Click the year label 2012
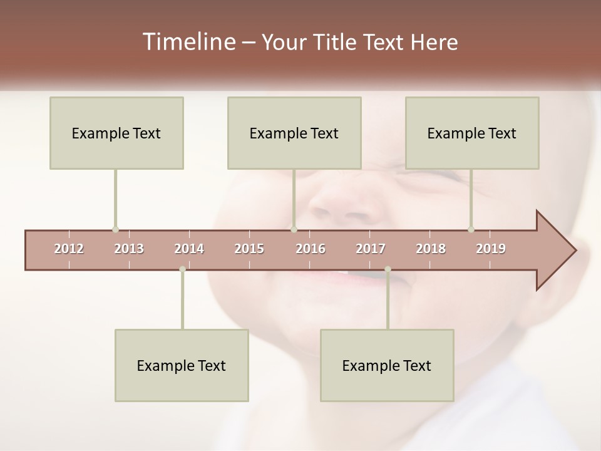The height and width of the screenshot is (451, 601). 69,249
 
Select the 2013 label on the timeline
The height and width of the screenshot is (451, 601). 129,249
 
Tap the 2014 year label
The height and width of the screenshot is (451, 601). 189,249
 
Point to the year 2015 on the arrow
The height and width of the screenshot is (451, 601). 249,249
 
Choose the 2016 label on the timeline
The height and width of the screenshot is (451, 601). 311,249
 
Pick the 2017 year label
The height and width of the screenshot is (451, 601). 371,249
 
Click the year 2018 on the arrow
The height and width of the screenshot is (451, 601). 431,249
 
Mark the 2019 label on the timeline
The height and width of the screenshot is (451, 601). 491,249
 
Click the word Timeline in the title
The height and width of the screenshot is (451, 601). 188,42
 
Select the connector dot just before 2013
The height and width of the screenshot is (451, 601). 115,229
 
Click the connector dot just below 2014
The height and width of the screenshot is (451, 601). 182,269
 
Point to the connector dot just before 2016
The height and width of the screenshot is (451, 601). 294,229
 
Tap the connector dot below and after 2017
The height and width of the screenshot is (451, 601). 388,269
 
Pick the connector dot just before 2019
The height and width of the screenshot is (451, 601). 471,229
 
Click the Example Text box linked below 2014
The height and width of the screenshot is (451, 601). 182,365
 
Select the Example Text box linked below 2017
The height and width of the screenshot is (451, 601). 387,365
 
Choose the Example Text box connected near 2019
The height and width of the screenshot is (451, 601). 472,133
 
